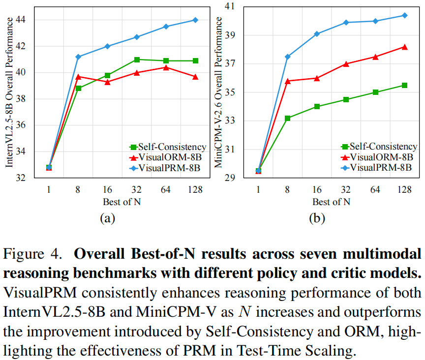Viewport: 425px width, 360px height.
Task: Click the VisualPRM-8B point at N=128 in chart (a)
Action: pyautogui.click(x=195, y=20)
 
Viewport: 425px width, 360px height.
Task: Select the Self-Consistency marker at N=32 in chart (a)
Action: pyautogui.click(x=137, y=60)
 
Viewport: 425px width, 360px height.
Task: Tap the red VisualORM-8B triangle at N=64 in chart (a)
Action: pyautogui.click(x=166, y=67)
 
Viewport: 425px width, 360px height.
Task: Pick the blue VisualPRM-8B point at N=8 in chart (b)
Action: pyautogui.click(x=288, y=57)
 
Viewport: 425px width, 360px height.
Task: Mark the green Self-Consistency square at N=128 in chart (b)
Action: pyautogui.click(x=405, y=85)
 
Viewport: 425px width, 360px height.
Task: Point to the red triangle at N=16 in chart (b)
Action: pyautogui.click(x=317, y=78)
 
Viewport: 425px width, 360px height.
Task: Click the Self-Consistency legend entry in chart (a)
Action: pyautogui.click(x=167, y=147)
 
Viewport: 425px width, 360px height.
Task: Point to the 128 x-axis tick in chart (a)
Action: pyautogui.click(x=195, y=189)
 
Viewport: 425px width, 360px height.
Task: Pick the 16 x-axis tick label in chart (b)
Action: pyautogui.click(x=317, y=189)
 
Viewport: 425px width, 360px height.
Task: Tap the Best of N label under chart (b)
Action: pyautogui.click(x=331, y=201)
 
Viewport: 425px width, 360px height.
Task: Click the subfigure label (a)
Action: pyautogui.click(x=107, y=218)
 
